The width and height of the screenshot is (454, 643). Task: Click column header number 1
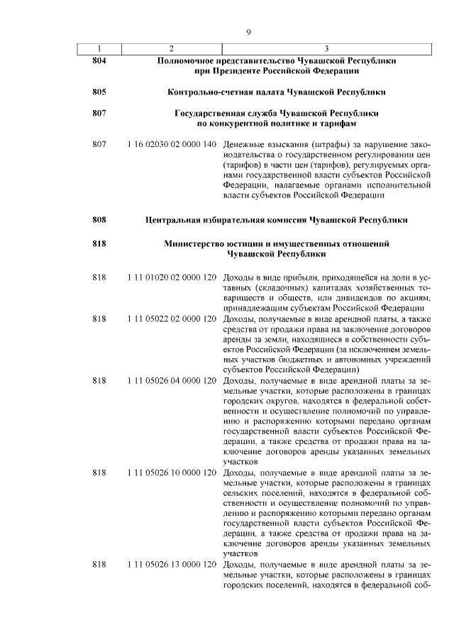[99, 49]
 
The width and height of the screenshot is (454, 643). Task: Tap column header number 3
[326, 49]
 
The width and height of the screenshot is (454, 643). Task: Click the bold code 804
[99, 61]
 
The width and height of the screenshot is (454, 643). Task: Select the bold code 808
[99, 220]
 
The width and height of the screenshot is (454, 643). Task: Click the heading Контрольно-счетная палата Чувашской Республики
[277, 92]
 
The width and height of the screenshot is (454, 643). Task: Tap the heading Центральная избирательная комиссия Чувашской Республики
[277, 220]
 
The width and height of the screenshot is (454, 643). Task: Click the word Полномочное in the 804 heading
[187, 61]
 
